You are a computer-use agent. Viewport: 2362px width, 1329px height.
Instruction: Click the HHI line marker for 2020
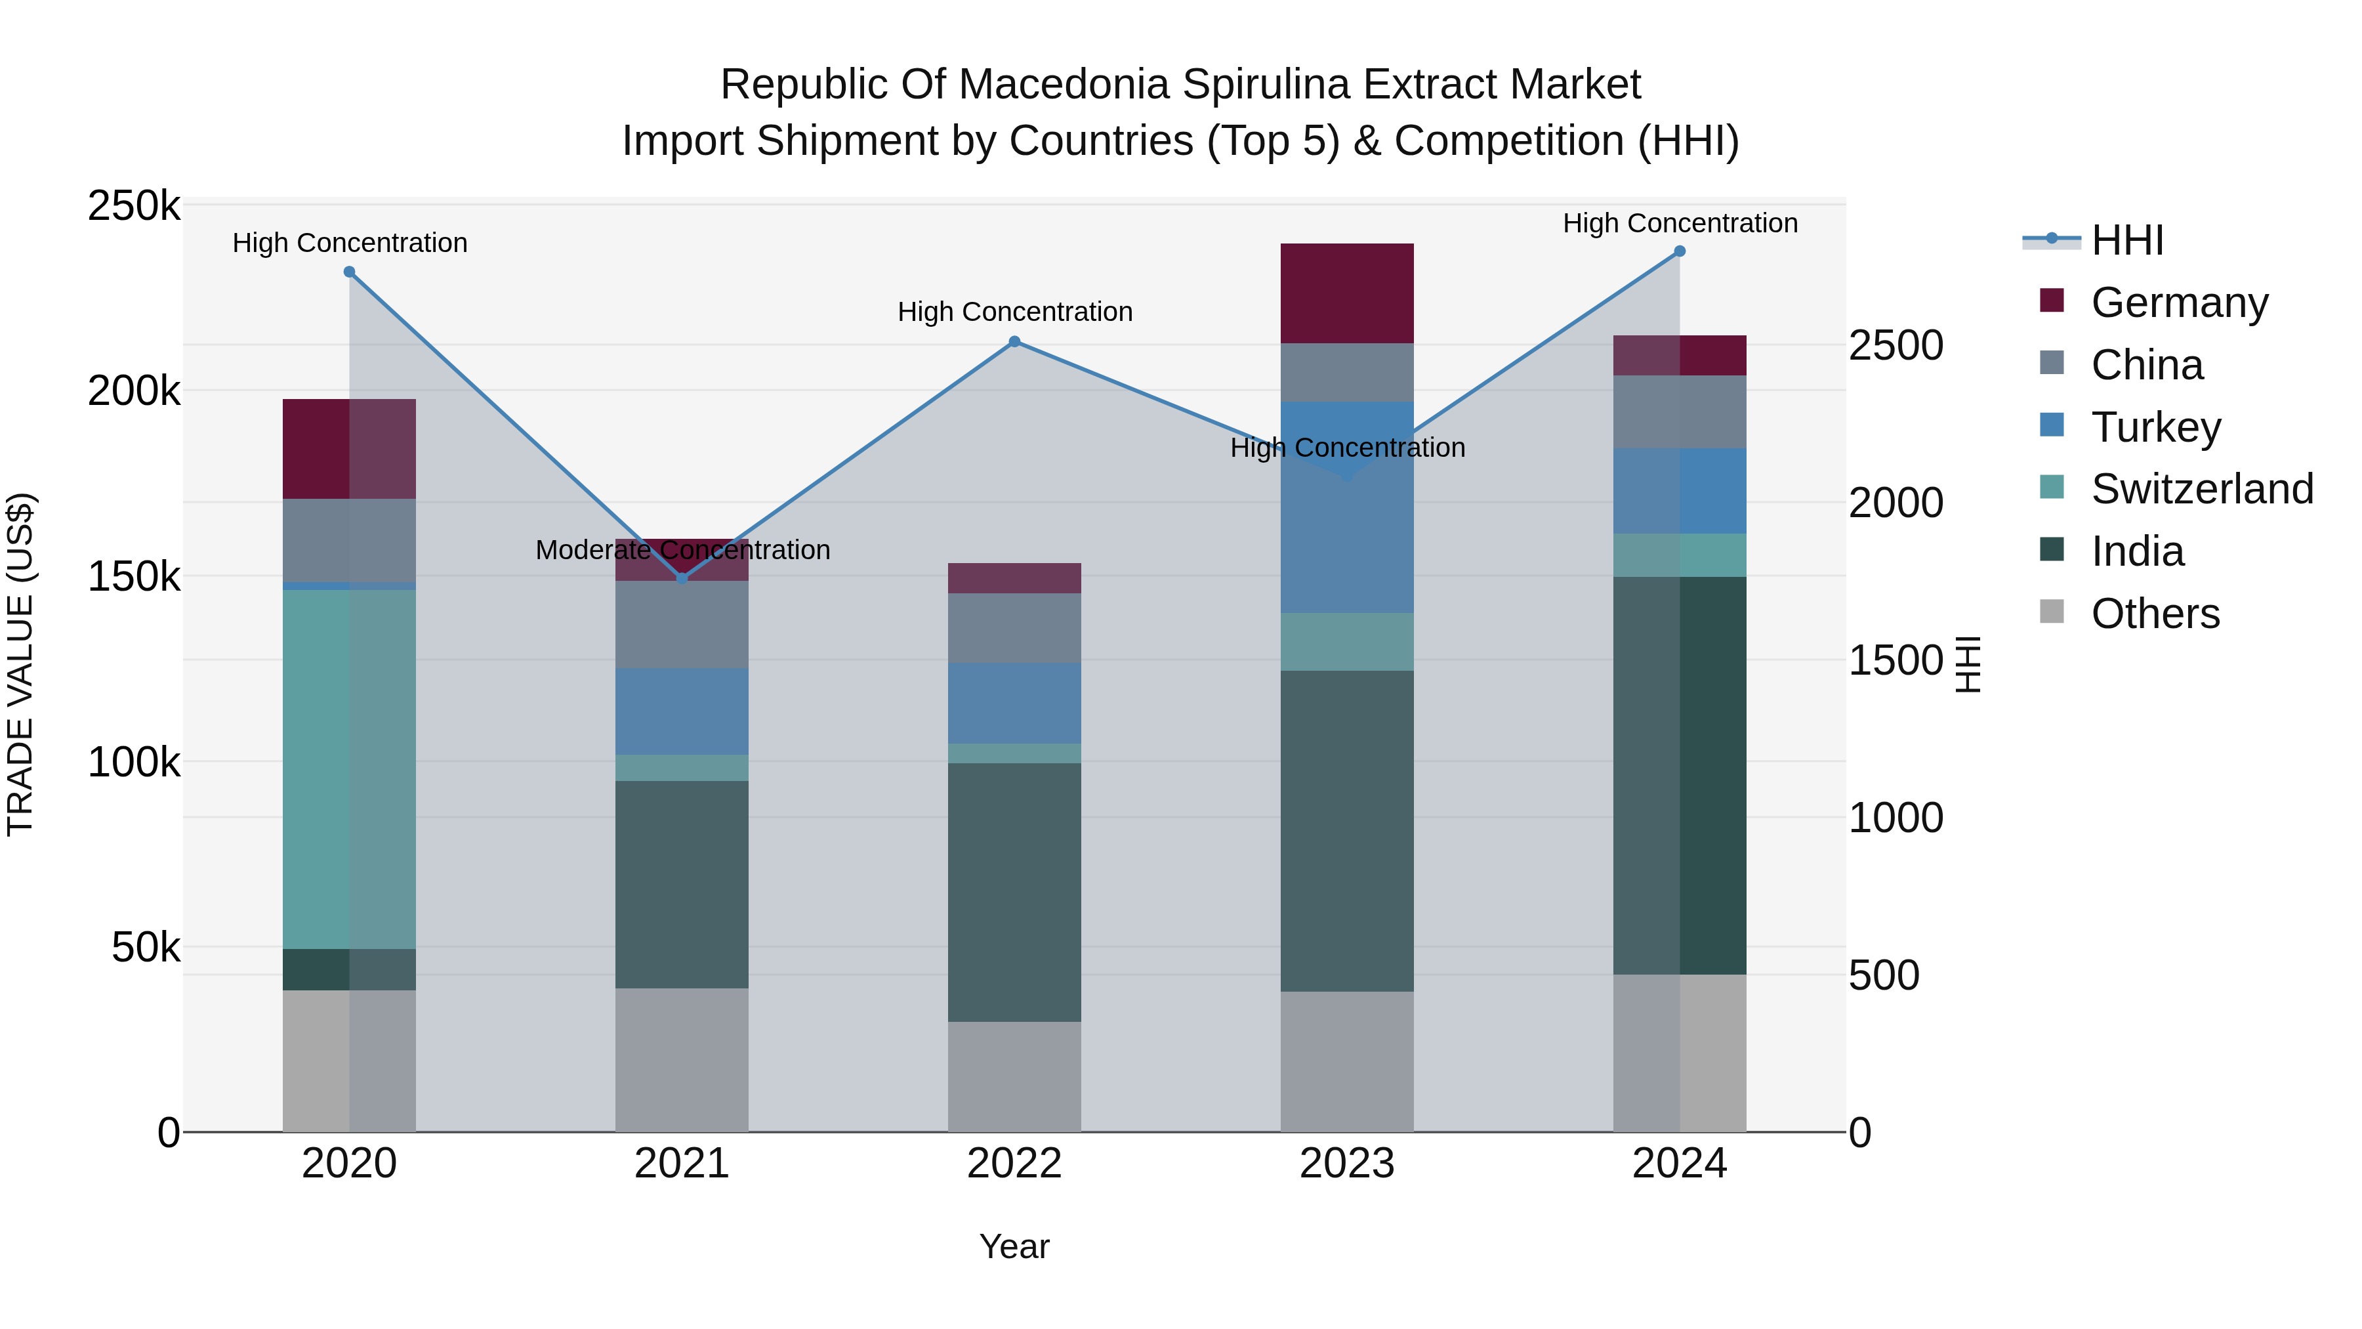pyautogui.click(x=349, y=272)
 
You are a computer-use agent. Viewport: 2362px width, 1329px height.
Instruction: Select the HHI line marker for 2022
pyautogui.click(x=1014, y=342)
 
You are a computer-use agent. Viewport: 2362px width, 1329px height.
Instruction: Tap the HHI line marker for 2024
pyautogui.click(x=1680, y=251)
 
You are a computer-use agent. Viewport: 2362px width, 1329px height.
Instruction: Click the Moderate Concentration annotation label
pyautogui.click(x=682, y=551)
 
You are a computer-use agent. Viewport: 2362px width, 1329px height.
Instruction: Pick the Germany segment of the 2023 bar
pyautogui.click(x=1347, y=293)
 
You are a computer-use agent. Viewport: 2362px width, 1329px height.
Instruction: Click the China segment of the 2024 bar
pyautogui.click(x=1680, y=411)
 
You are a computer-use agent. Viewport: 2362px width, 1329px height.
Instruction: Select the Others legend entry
pyautogui.click(x=2155, y=614)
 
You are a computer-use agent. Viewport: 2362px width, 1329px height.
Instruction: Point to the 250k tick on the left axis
pyautogui.click(x=134, y=206)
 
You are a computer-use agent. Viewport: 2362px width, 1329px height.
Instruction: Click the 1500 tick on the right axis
pyautogui.click(x=1894, y=660)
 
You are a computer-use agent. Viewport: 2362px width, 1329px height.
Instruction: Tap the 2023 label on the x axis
pyautogui.click(x=1347, y=1164)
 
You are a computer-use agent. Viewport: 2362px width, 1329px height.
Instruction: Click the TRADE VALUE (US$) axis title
pyautogui.click(x=21, y=664)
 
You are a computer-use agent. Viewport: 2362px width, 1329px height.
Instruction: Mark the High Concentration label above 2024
pyautogui.click(x=1680, y=224)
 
